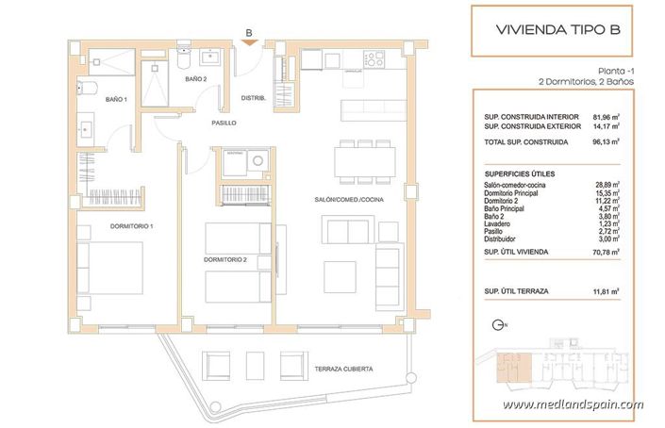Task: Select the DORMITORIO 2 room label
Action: [x=224, y=259]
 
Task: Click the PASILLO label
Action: [x=223, y=123]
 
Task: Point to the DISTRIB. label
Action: [x=254, y=98]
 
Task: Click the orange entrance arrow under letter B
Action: [x=248, y=42]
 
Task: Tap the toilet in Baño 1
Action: [x=86, y=89]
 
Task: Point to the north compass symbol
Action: [x=498, y=325]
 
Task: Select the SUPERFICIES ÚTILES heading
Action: [x=519, y=173]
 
